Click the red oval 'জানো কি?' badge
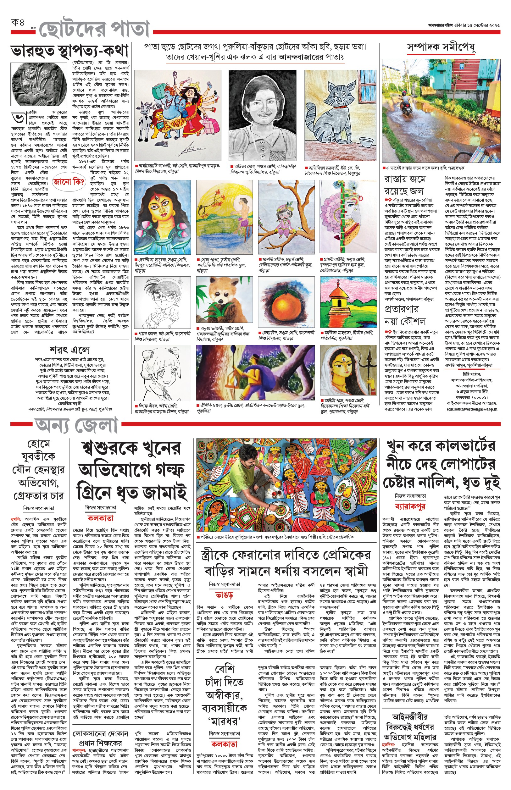click(69, 182)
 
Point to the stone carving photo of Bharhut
click(39, 85)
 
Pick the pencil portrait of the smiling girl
click(262, 114)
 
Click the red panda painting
click(224, 300)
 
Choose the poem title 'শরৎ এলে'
click(69, 350)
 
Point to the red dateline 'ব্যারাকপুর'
click(410, 506)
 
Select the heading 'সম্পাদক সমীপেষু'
click(441, 47)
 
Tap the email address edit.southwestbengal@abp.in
click(472, 409)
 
